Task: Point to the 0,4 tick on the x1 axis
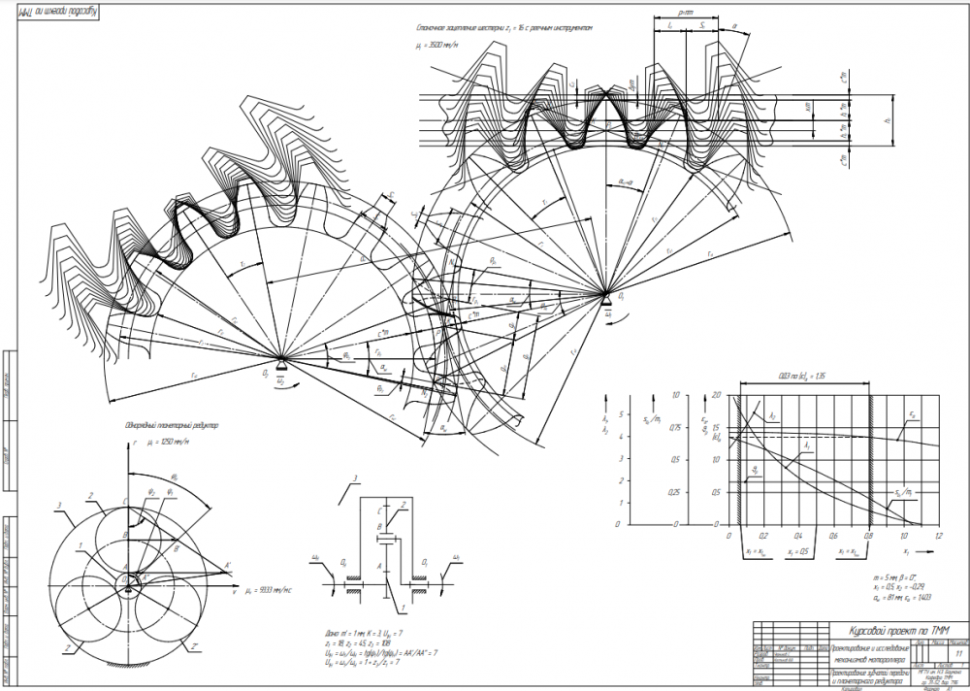coord(798,530)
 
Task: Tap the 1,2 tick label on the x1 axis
coord(938,537)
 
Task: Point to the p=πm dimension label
coord(685,13)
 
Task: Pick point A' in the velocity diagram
coord(229,565)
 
